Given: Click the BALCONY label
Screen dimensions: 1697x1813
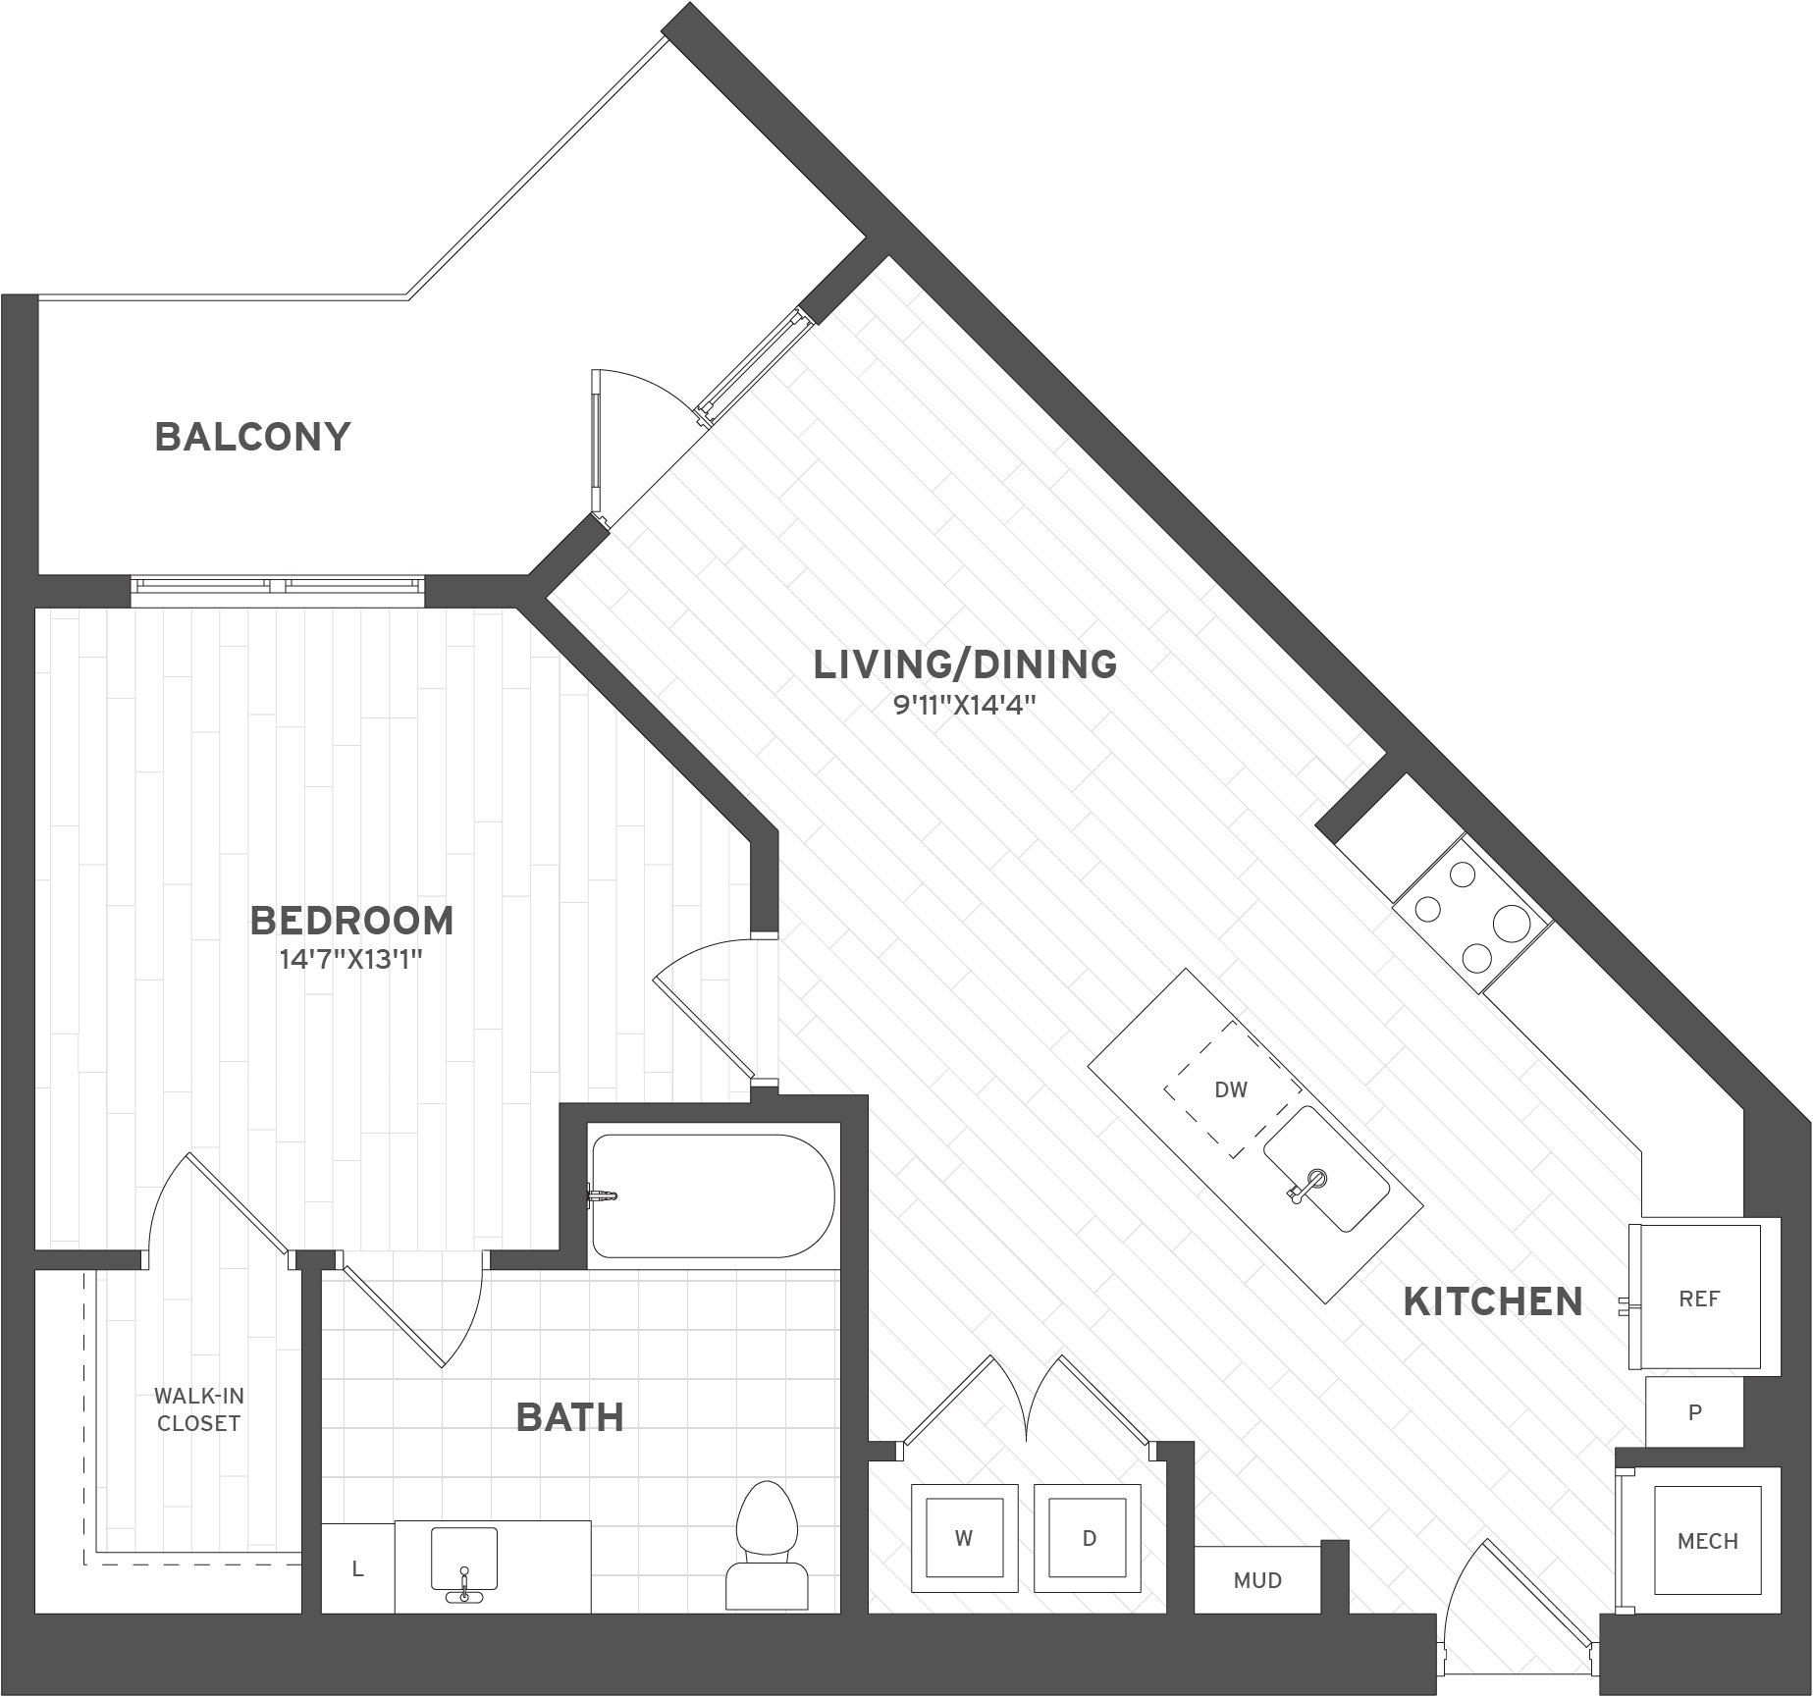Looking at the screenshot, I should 252,437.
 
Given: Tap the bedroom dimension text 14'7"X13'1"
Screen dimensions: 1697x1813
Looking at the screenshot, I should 350,959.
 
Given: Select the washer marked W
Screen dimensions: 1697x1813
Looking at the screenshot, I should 963,1538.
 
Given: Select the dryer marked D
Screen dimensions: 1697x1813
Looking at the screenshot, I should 1088,1538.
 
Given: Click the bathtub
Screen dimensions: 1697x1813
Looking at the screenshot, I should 713,1196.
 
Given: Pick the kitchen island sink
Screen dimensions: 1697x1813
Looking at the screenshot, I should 1326,1168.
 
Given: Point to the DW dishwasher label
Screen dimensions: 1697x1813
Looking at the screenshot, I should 1231,1089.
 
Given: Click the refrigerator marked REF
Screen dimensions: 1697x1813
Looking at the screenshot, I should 1699,1299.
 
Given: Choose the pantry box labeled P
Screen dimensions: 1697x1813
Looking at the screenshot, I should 1694,1412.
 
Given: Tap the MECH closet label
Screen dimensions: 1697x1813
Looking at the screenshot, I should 1707,1541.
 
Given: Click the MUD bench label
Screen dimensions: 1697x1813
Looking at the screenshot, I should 1257,1580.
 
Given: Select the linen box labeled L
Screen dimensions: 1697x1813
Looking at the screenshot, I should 358,1569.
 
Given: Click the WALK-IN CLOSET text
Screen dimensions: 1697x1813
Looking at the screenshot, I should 199,1409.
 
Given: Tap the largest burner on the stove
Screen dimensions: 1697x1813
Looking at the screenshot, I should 1513,922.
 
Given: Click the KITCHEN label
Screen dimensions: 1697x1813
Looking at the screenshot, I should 1493,1301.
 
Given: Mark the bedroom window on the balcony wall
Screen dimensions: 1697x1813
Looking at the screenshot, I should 279,586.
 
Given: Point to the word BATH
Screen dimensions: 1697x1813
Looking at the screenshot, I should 570,1417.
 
